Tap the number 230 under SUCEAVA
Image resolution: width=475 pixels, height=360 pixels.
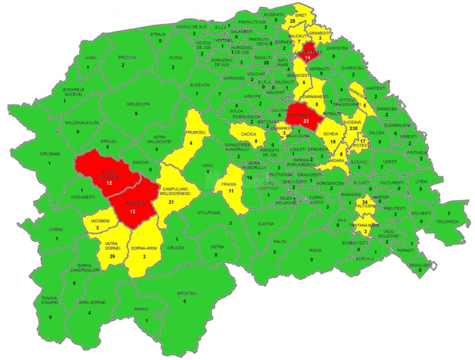pyautogui.click(x=353, y=128)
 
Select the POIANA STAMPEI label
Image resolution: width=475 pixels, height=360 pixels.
pyautogui.click(x=50, y=300)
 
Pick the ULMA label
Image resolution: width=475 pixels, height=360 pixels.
pyautogui.click(x=91, y=58)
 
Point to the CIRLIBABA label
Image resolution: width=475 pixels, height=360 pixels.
pyautogui.click(x=50, y=154)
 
